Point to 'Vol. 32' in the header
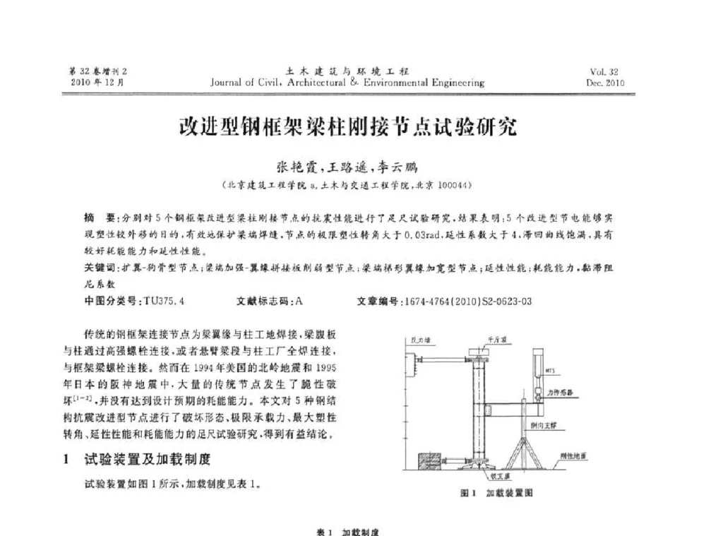(x=604, y=72)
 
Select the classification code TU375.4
(x=163, y=301)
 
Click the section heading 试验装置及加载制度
(x=148, y=460)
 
